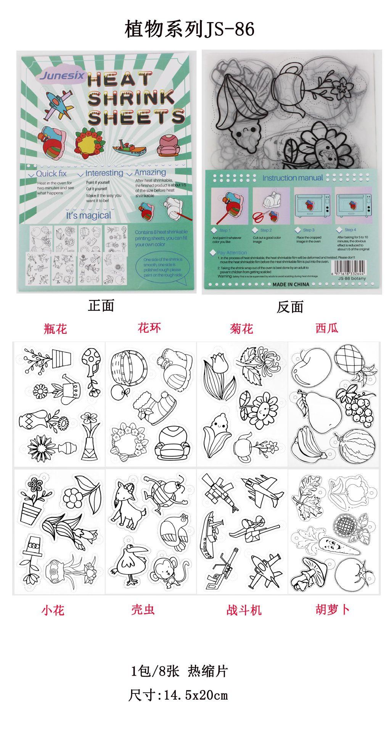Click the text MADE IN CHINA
pyautogui.click(x=291, y=284)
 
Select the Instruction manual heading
pyautogui.click(x=293, y=178)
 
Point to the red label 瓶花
pyautogui.click(x=55, y=328)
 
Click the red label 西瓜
pyautogui.click(x=327, y=328)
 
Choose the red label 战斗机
pyautogui.click(x=244, y=610)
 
